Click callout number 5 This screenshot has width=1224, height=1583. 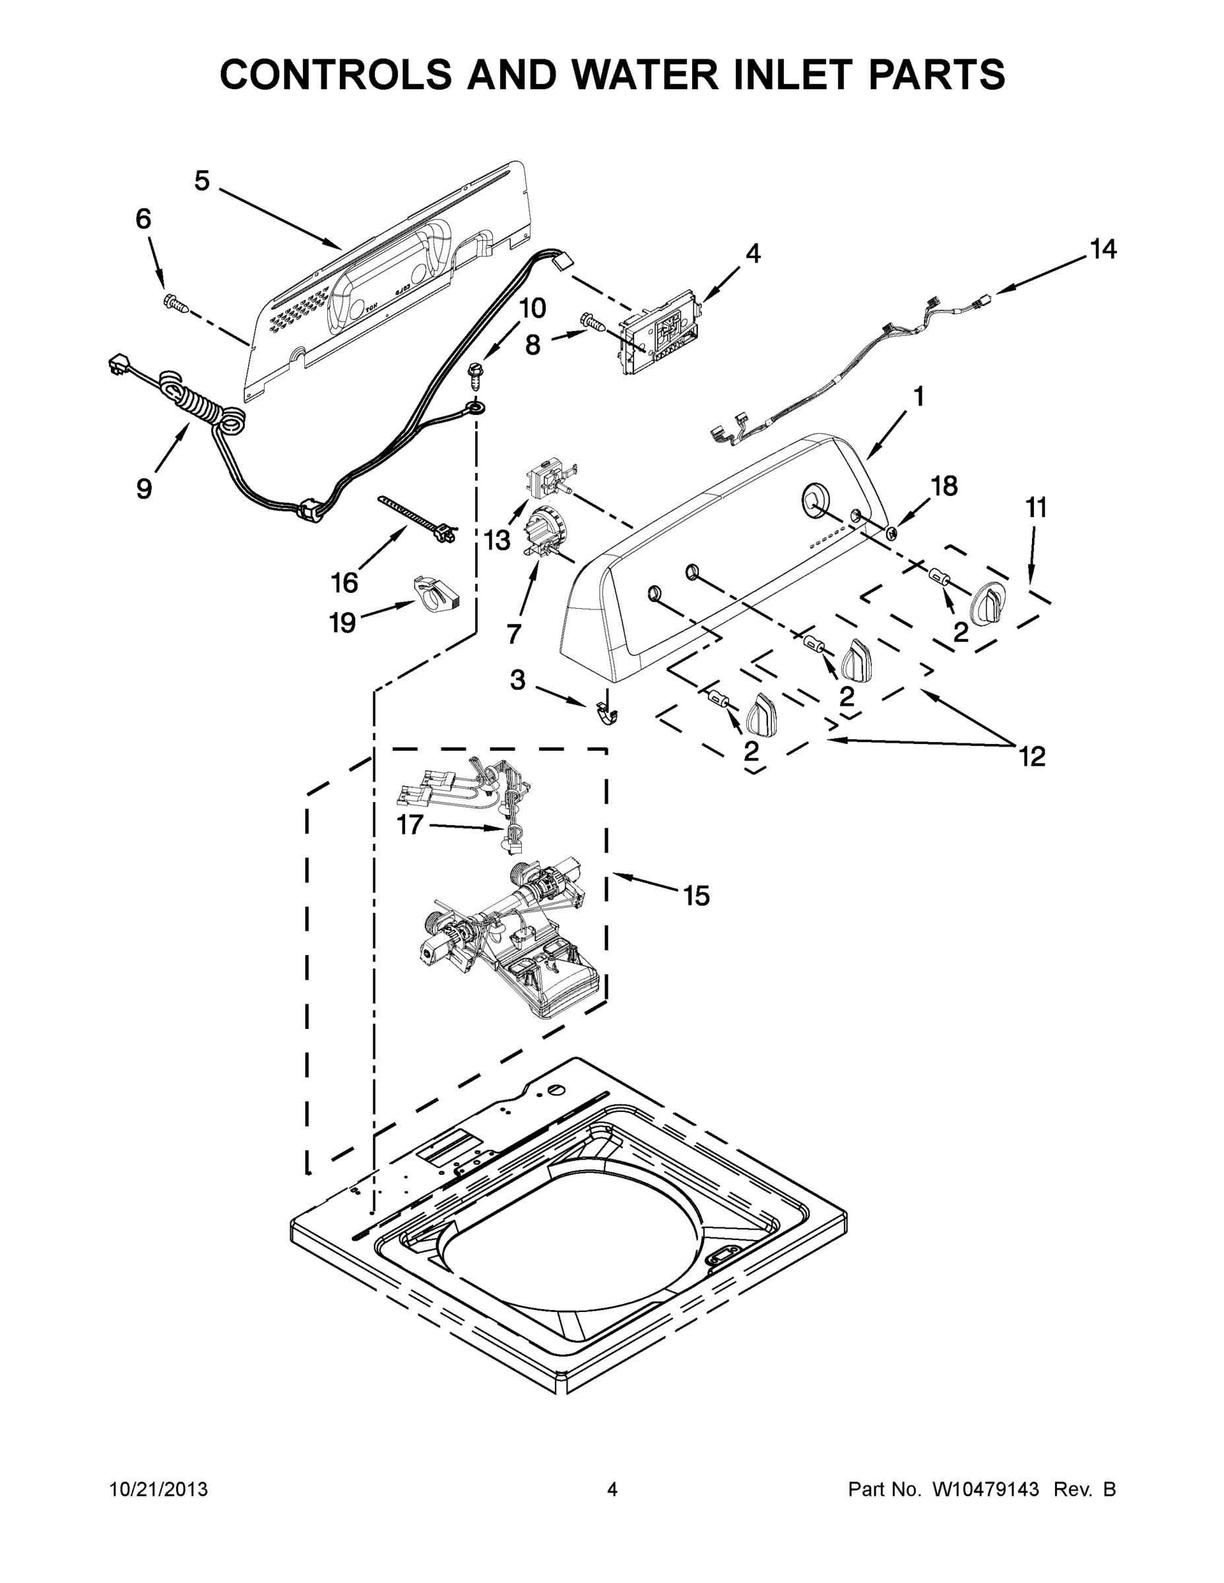coord(202,181)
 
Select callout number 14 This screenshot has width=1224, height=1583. coord(1103,249)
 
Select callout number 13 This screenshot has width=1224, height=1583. coord(498,540)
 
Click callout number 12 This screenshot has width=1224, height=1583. coord(1032,757)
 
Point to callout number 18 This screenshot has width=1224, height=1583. coord(944,485)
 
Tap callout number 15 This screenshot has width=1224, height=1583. coord(696,896)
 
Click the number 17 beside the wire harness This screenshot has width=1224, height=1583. coord(410,824)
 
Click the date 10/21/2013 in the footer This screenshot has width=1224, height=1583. coord(159,1489)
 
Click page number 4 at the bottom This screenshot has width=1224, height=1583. coord(612,1489)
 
